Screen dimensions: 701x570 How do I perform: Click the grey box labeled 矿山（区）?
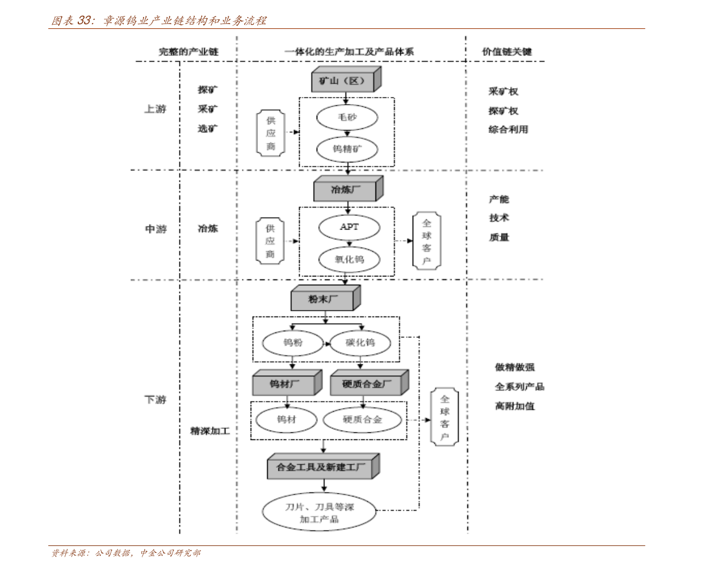point(347,80)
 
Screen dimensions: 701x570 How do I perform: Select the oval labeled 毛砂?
point(347,117)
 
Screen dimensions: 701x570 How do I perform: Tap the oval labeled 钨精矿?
point(347,149)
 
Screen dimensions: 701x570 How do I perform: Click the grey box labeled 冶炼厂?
point(348,188)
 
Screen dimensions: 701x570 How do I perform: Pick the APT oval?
point(349,227)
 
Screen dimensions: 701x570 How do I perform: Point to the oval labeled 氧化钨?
point(349,259)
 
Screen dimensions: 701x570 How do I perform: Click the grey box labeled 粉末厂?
point(325,298)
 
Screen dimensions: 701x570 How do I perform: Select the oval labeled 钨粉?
point(293,342)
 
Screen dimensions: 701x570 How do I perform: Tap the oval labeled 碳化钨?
point(360,342)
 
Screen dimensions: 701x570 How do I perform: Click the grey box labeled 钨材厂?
point(287,383)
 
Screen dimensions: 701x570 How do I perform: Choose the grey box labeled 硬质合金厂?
point(370,383)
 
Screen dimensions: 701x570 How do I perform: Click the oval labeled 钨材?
point(286,419)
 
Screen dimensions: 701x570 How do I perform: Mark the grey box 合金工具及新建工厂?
point(324,467)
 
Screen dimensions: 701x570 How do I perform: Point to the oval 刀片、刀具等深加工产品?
point(319,512)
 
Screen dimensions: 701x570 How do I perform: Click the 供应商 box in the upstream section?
point(271,133)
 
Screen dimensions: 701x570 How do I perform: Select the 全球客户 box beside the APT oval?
point(427,241)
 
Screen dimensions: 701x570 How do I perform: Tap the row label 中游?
point(155,229)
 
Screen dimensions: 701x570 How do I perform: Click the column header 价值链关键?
point(507,52)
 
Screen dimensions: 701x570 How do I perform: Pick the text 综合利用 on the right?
point(509,129)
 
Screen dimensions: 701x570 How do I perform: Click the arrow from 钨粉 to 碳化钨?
point(326,344)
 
